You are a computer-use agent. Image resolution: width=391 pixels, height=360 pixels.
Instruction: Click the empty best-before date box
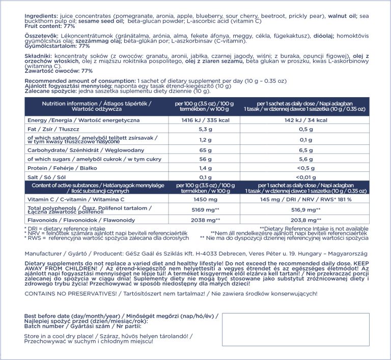(300, 329)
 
